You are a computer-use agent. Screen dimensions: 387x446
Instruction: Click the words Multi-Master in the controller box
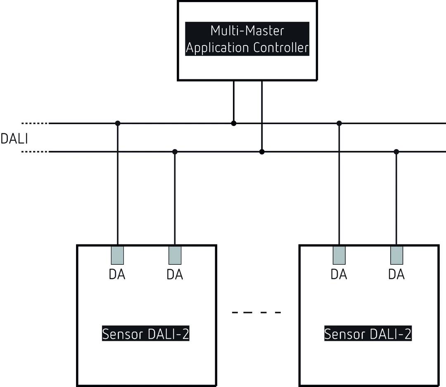coord(247,31)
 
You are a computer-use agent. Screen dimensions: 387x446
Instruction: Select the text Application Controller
coord(247,48)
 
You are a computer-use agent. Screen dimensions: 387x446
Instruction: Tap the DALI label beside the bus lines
coord(14,139)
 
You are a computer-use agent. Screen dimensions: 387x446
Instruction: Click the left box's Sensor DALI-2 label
coord(146,334)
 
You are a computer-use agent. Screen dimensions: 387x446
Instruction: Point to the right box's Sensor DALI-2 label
coord(368,334)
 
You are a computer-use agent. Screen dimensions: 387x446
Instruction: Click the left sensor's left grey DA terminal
coord(117,255)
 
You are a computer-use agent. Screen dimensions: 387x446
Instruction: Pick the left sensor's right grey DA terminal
coord(175,255)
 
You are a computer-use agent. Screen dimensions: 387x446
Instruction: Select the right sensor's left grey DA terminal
coord(339,255)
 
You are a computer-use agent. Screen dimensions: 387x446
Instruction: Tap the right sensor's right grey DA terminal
coord(396,255)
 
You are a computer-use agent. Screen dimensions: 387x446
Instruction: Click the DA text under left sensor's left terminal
coord(117,274)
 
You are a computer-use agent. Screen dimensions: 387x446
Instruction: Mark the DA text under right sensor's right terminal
coord(396,274)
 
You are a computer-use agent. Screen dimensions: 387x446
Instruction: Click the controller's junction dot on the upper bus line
coord(234,123)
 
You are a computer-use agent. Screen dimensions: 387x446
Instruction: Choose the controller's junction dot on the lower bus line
coord(262,152)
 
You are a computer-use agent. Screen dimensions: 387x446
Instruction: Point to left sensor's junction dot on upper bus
coord(118,123)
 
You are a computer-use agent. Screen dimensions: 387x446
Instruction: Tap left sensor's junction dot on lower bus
coord(175,152)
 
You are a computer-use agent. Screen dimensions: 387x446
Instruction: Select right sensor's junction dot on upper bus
coord(339,123)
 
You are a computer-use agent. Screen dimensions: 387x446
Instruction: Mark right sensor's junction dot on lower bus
coord(396,152)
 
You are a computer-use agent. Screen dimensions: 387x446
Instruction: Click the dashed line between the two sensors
coord(256,312)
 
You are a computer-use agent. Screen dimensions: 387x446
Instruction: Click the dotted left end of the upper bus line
coord(35,123)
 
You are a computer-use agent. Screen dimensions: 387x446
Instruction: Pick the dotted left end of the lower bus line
coord(35,152)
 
